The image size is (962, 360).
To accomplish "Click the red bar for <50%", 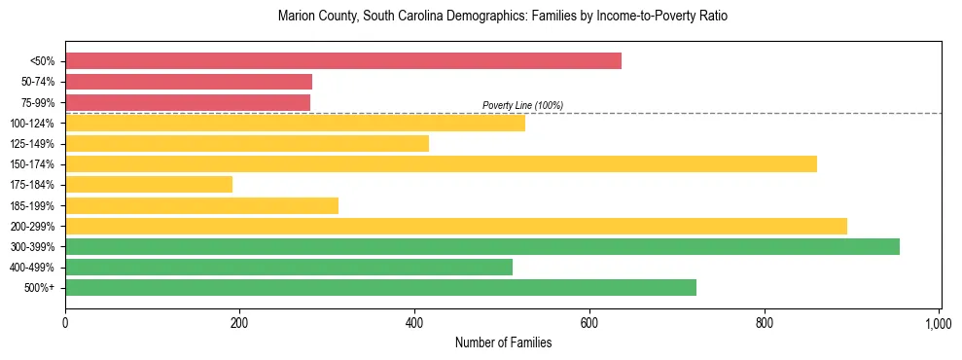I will click(x=342, y=61).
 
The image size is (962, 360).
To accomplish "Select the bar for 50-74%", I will click(x=189, y=82).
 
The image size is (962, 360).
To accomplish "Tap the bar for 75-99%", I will click(x=188, y=102).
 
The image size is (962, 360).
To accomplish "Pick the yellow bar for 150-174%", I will click(x=441, y=163).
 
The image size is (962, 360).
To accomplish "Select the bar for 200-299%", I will click(x=456, y=226).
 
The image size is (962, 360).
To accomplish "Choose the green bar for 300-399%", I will click(x=482, y=246).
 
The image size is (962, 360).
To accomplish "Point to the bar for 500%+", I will click(x=380, y=287).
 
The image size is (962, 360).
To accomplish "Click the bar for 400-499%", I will click(x=289, y=267).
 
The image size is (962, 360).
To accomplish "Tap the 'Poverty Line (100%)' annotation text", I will click(x=522, y=105).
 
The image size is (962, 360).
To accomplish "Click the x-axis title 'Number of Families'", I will click(x=503, y=342).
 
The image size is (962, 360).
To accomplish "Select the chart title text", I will click(x=502, y=17).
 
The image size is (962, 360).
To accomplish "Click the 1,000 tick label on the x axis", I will click(x=938, y=321).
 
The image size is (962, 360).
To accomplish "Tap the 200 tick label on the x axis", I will click(x=239, y=321).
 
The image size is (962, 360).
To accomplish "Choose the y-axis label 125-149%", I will click(x=33, y=144).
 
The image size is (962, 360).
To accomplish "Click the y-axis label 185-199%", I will click(x=33, y=205).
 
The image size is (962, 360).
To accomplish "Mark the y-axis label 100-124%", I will click(x=33, y=124).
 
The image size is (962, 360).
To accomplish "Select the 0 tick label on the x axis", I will click(x=65, y=321).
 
